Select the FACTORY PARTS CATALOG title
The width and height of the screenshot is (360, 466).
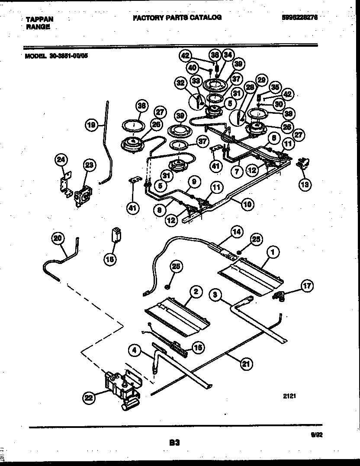(177, 18)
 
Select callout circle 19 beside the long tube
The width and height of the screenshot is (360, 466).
(90, 126)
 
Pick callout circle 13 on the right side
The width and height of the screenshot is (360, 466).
(306, 184)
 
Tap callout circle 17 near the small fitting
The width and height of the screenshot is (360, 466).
(307, 286)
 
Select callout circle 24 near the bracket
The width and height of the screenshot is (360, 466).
(61, 161)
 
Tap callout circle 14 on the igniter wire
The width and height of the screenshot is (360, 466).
(236, 232)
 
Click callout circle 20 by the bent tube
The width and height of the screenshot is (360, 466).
(58, 238)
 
